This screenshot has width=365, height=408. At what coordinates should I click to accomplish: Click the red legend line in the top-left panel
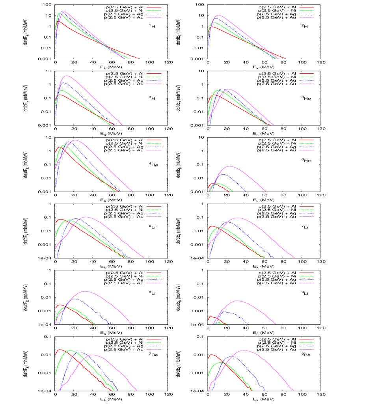tap(154, 7)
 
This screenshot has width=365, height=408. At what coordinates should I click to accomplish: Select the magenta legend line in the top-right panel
tap(306, 17)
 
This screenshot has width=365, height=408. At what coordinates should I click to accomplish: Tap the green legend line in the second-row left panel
tap(154, 77)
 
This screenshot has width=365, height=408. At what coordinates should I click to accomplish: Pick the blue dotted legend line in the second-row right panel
tap(306, 80)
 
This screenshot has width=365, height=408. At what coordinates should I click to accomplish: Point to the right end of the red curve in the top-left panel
tap(140, 59)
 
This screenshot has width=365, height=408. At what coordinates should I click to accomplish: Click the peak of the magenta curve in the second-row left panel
tap(67, 76)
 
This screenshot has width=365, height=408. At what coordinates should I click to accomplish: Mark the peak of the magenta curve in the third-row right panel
tap(230, 166)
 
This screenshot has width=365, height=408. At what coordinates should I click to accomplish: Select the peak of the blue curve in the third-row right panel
tap(223, 174)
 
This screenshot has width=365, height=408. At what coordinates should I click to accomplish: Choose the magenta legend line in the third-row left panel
tap(154, 150)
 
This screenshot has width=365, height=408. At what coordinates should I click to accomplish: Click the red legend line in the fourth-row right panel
tap(306, 206)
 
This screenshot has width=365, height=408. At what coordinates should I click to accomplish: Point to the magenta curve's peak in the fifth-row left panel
tap(85, 291)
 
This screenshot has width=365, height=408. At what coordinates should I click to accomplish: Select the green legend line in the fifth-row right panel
tap(306, 276)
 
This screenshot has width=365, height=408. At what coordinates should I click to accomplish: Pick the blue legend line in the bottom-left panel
tap(154, 346)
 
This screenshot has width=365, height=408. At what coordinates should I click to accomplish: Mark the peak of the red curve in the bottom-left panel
tap(60, 349)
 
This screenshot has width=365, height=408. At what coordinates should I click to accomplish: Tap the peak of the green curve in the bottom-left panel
tap(71, 350)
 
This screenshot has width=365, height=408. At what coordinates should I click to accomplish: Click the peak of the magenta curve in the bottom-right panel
tap(244, 350)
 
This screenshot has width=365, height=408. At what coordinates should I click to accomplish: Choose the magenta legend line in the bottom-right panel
tap(306, 349)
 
